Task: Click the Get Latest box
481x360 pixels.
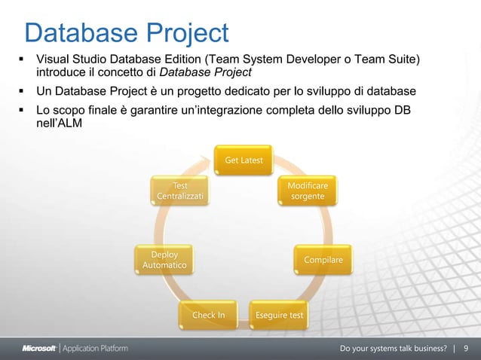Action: [x=244, y=161]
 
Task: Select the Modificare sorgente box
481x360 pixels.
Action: [x=308, y=191]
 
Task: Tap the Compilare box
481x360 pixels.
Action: [x=323, y=260]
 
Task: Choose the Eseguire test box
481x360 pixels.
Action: [x=280, y=315]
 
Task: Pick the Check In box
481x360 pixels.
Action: [x=209, y=315]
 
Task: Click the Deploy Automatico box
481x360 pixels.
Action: [x=164, y=261]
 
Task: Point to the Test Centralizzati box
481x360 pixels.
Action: [x=179, y=191]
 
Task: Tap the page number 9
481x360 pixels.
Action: [x=466, y=348]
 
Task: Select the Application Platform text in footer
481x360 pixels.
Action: [x=95, y=348]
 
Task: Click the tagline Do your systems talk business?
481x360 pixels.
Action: [x=394, y=348]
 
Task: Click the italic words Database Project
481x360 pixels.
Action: [x=205, y=72]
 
